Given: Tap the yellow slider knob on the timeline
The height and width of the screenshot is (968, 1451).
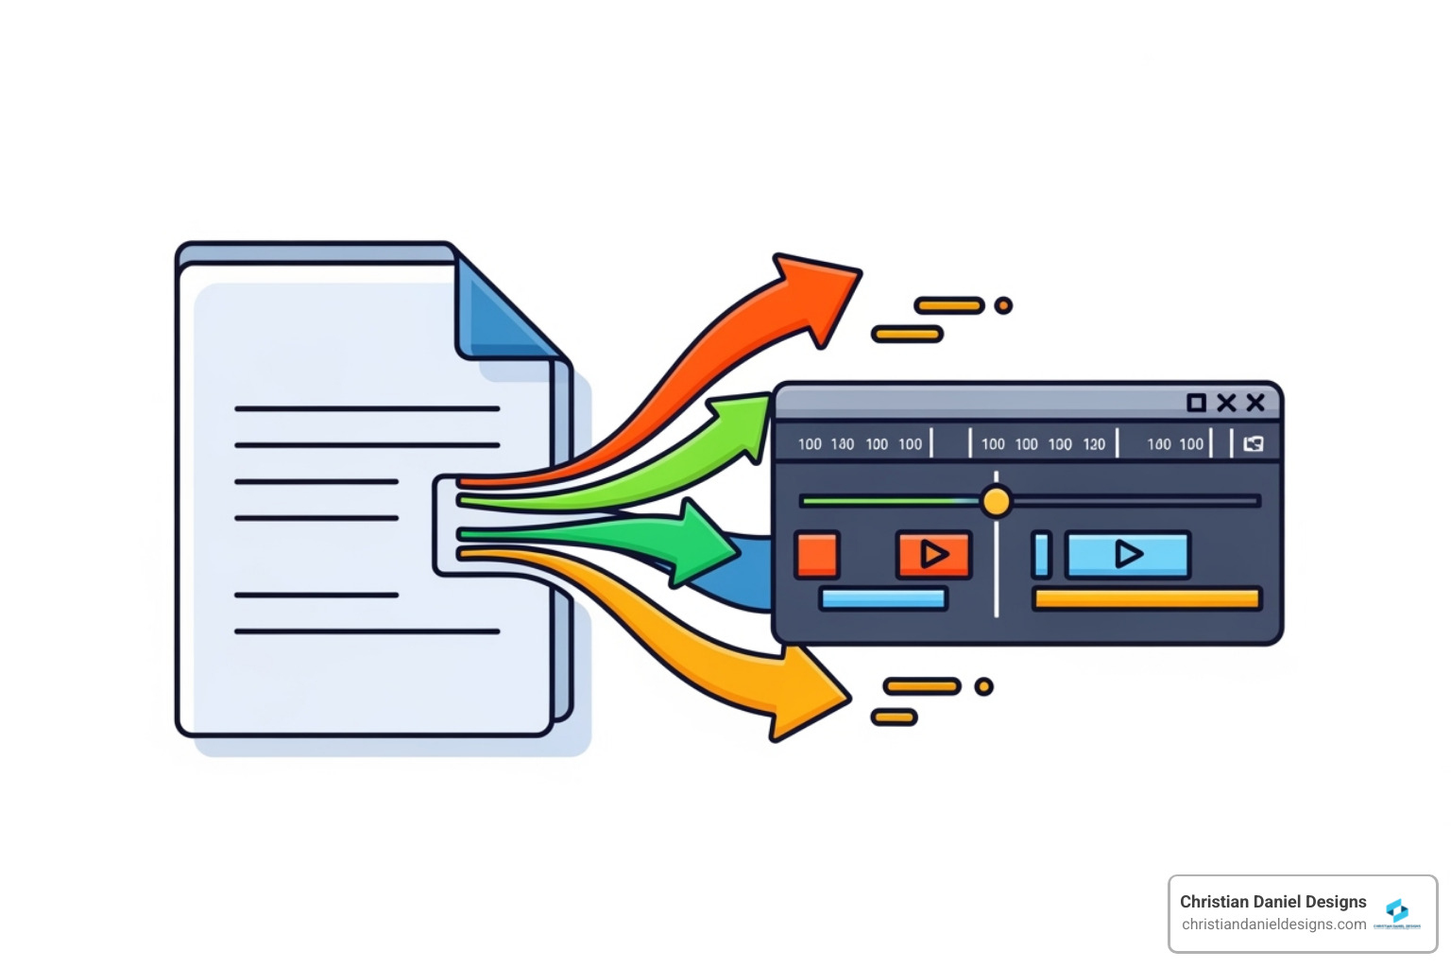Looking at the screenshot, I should tap(996, 501).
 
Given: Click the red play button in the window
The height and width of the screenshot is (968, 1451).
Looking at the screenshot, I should tap(933, 554).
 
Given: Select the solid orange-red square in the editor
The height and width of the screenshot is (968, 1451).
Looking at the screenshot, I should tap(817, 555).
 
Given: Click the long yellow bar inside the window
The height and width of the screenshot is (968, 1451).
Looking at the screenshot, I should tap(1147, 598).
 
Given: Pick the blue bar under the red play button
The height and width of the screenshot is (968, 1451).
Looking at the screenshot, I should tap(883, 598).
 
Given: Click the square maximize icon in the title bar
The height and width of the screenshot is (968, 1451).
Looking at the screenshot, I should tap(1196, 403).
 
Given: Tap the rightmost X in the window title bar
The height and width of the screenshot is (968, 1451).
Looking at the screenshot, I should tap(1255, 403).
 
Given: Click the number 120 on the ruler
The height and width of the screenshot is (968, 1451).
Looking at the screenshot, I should tap(1094, 444).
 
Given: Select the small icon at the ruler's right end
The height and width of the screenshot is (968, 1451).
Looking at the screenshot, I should tap(1254, 444).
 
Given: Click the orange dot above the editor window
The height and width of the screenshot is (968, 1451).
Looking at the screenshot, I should tap(1003, 305).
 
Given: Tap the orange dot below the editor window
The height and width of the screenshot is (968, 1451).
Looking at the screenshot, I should tap(983, 686).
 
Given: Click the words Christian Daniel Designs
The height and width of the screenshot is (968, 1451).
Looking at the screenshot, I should tap(1272, 902).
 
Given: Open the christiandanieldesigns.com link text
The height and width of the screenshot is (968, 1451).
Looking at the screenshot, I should tap(1273, 925).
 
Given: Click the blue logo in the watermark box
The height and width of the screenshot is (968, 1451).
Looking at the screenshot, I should tap(1397, 910).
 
